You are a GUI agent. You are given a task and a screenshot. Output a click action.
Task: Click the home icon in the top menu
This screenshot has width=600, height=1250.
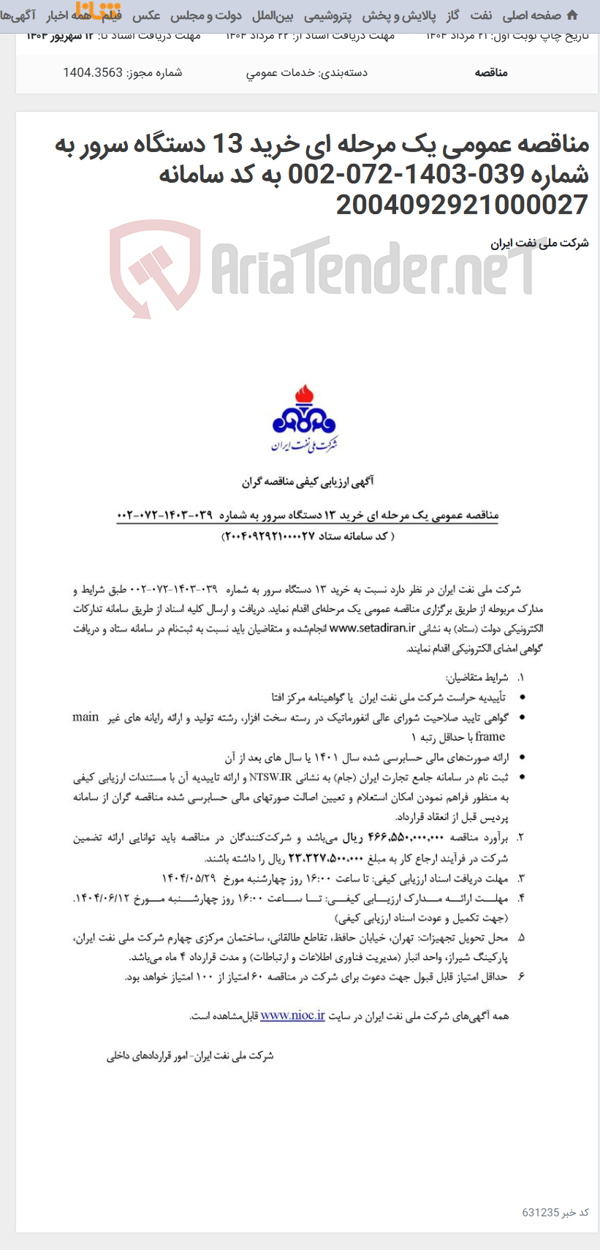click(571, 15)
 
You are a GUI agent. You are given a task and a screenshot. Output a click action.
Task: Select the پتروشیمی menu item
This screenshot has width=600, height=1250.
click(327, 15)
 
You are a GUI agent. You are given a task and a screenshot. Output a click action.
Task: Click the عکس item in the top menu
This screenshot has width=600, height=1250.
click(146, 15)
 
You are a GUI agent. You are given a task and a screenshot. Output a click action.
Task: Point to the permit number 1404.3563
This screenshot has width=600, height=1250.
click(93, 72)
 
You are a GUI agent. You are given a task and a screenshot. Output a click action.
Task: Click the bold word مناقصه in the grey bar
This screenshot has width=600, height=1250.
click(491, 72)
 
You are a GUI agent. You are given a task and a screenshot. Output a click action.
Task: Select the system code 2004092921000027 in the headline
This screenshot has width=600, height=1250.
click(462, 205)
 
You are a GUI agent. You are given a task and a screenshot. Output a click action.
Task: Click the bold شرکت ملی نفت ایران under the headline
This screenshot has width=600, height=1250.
click(539, 243)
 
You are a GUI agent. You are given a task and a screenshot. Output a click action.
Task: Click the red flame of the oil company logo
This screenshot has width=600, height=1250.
click(303, 397)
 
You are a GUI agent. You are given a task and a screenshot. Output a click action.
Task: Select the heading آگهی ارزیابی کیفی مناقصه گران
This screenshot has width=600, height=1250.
click(308, 482)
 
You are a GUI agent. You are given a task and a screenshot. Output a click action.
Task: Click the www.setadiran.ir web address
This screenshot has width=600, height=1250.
click(372, 628)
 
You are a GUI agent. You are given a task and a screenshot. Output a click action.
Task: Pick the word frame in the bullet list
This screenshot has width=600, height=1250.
click(490, 737)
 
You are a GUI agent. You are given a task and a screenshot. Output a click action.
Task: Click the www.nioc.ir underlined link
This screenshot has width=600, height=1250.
click(292, 1015)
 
